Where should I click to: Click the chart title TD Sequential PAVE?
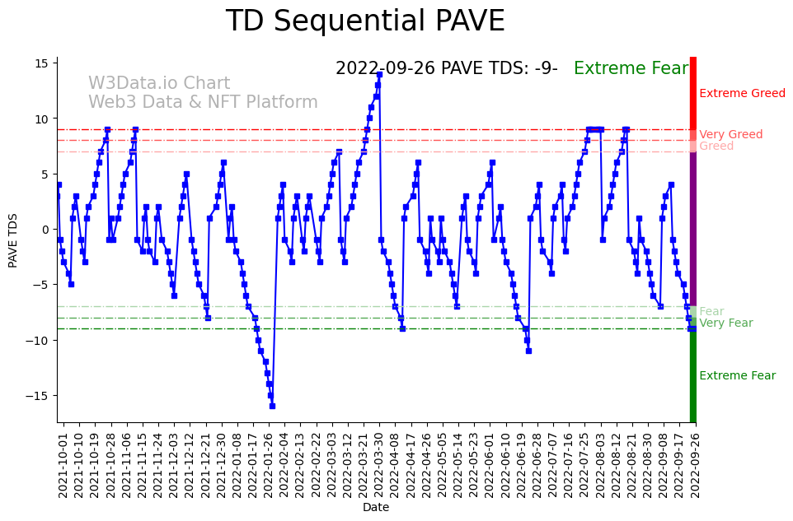pos(364,22)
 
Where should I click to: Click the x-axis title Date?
pos(376,508)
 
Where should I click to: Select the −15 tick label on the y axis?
pos(40,396)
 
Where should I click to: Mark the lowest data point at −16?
pos(272,406)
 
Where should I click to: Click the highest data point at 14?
pos(379,75)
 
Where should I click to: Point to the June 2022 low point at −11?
pos(528,351)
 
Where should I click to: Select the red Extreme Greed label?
pos(742,94)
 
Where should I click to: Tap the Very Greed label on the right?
pos(730,135)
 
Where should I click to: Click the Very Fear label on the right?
pos(725,323)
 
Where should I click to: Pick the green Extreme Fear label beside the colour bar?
pos(737,376)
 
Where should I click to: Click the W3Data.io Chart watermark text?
pos(159,84)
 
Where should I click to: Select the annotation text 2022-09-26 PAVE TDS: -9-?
pos(446,69)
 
